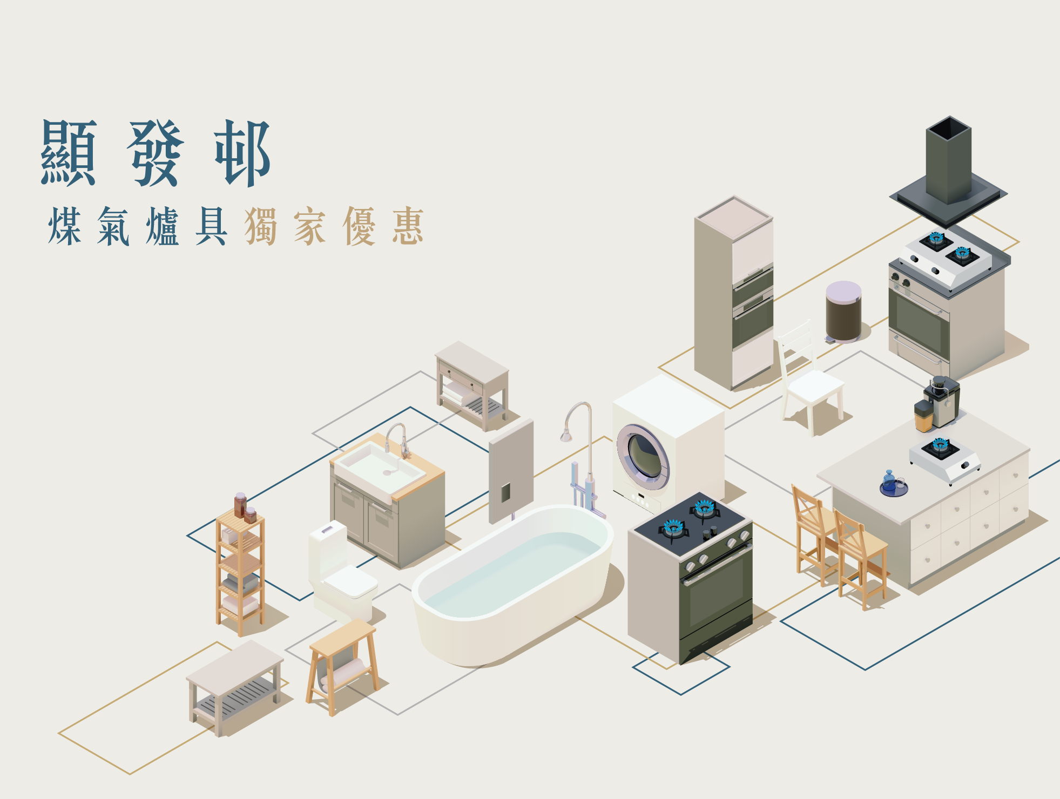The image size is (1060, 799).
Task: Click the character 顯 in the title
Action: (69, 153)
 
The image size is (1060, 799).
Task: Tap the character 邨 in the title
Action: (242, 153)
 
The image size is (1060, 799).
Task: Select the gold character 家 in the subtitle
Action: (310, 226)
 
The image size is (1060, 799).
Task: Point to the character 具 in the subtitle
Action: (211, 226)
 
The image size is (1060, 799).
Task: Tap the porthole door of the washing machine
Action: (643, 456)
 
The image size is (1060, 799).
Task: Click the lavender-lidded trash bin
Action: (843, 312)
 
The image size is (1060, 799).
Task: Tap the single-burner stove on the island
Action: (944, 459)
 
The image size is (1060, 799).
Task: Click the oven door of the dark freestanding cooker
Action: (717, 594)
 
